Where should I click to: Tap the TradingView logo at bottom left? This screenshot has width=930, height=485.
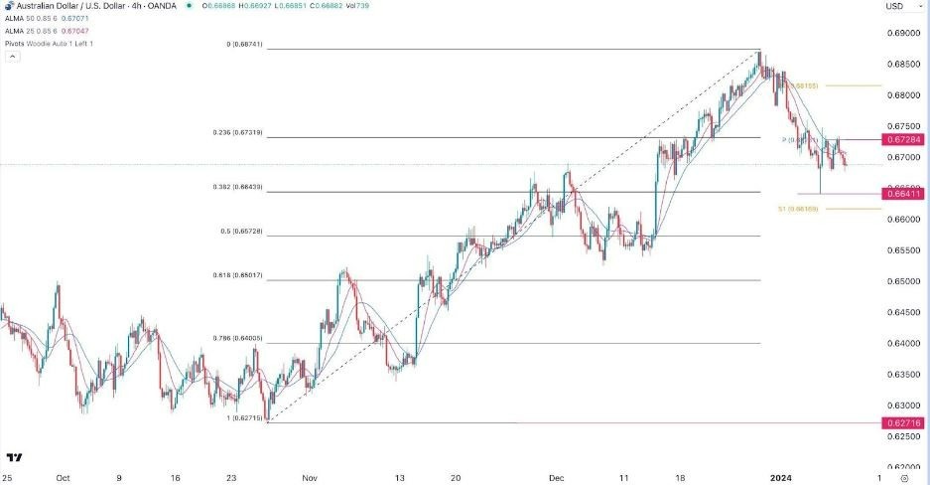[15, 457]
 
